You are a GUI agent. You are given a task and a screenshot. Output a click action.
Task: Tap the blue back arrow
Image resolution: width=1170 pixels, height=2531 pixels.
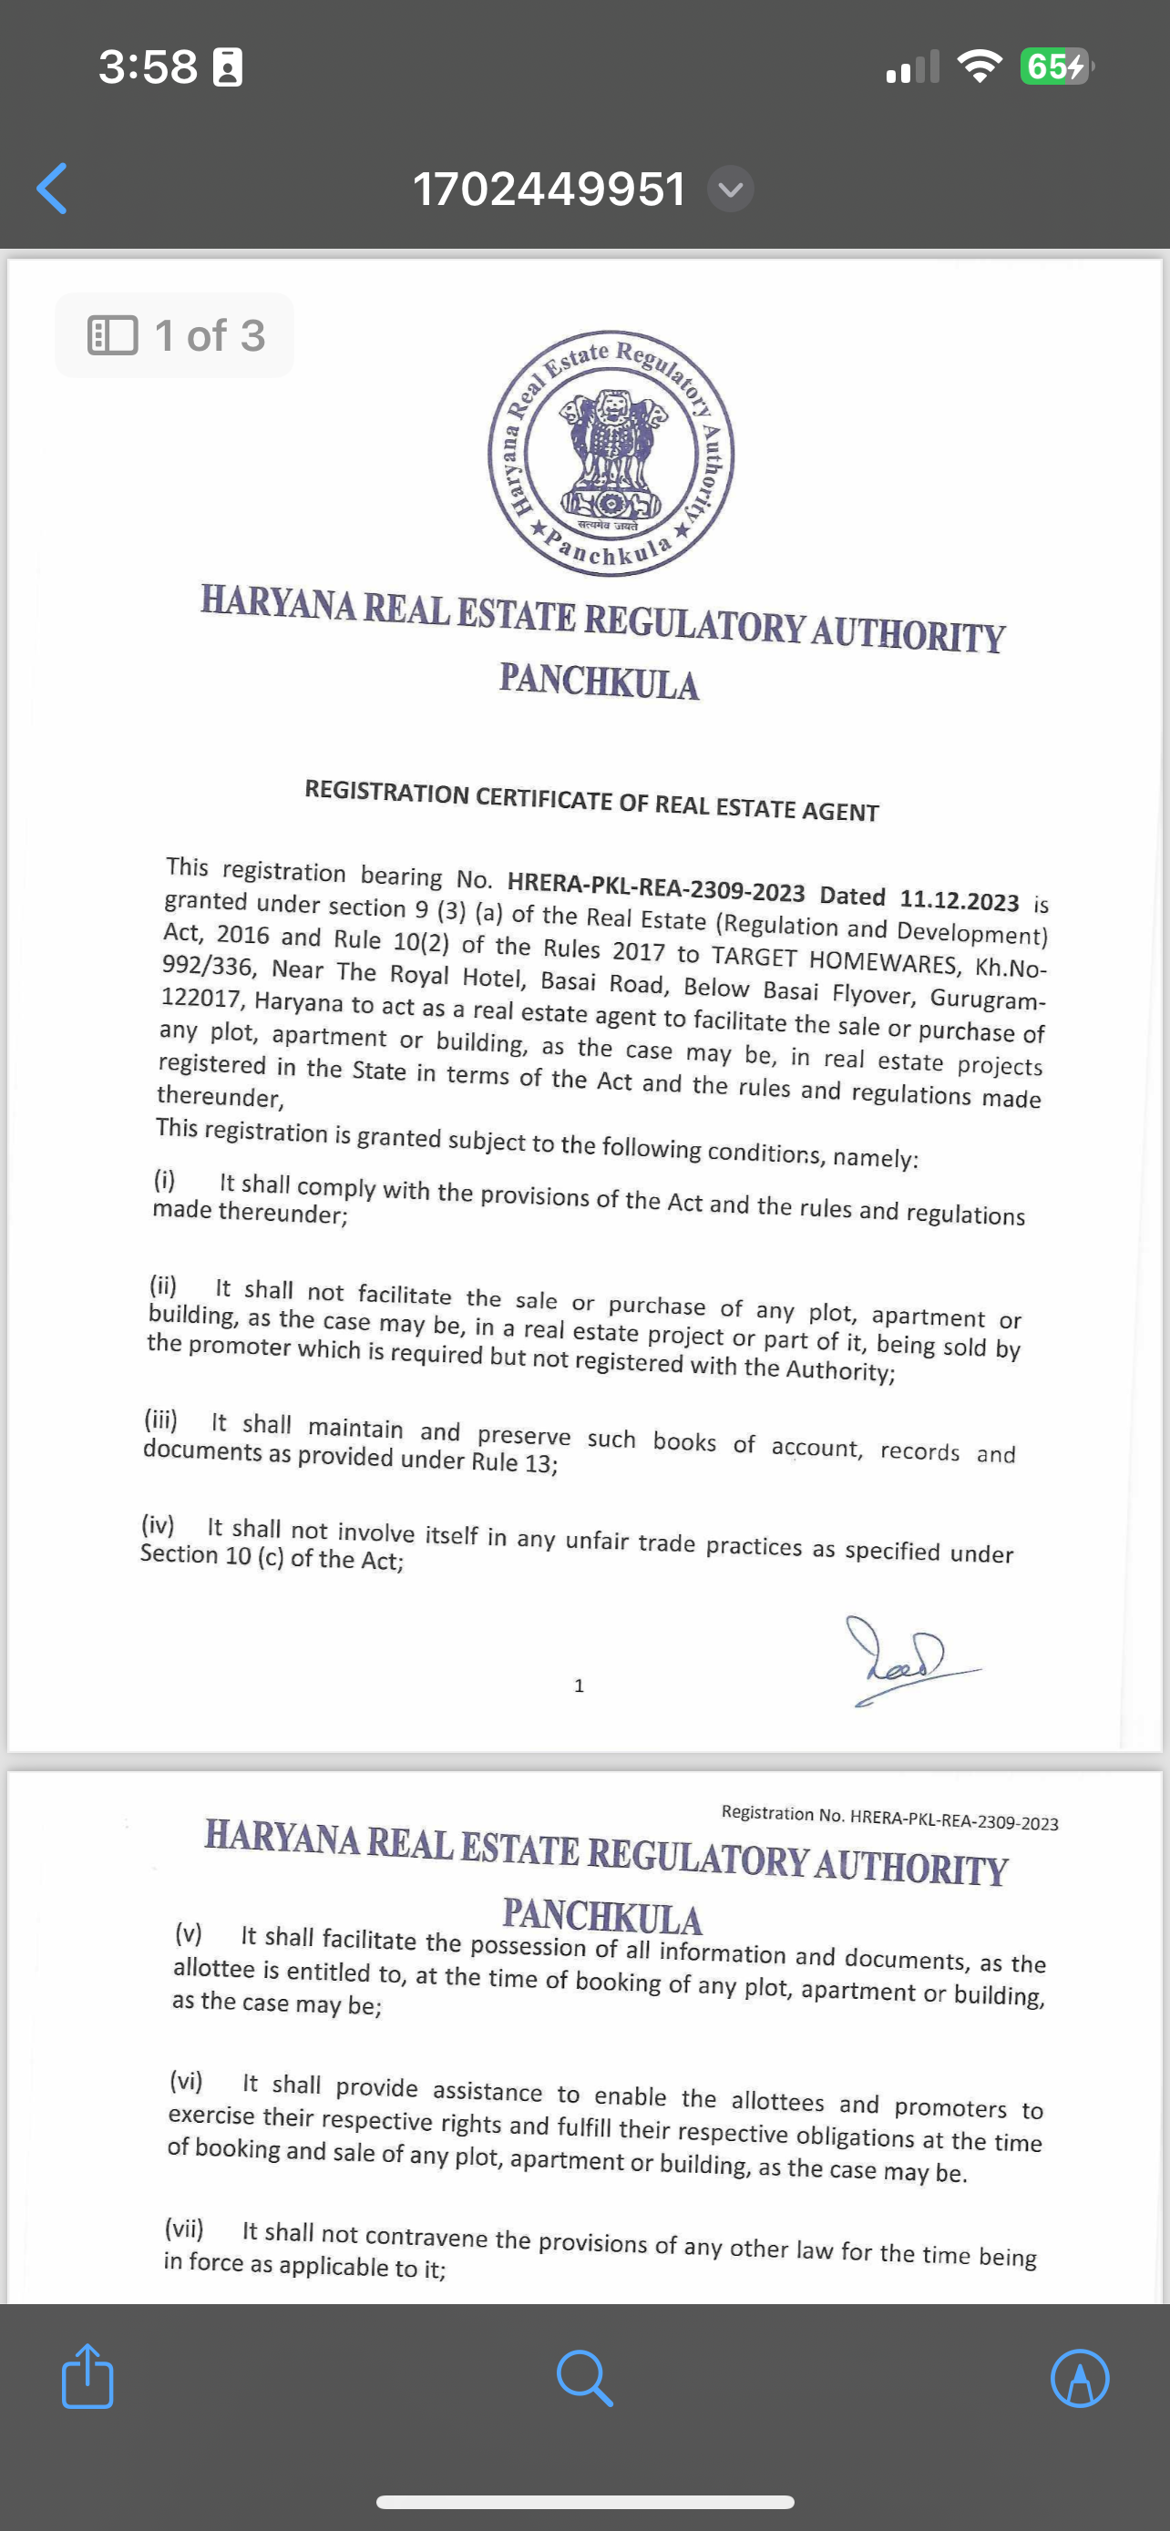click(x=52, y=188)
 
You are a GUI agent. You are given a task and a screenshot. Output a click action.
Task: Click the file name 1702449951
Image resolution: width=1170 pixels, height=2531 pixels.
click(x=549, y=189)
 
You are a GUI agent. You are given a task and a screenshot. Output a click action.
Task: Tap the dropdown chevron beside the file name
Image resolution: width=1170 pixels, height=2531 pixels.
click(x=730, y=189)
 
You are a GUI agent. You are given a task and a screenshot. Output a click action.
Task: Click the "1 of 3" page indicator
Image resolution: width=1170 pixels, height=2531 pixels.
click(x=176, y=335)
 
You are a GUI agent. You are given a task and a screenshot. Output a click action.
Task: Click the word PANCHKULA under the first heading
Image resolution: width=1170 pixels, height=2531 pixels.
click(x=599, y=681)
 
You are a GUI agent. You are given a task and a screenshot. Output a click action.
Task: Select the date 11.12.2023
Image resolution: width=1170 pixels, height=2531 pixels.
click(x=959, y=900)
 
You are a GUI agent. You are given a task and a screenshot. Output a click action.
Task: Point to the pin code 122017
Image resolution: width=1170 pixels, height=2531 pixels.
click(x=200, y=999)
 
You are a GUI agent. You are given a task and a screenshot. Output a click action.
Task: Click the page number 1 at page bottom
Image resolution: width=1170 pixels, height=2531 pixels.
click(x=579, y=1686)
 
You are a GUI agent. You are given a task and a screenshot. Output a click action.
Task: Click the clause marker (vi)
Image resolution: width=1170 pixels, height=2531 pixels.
click(x=186, y=2080)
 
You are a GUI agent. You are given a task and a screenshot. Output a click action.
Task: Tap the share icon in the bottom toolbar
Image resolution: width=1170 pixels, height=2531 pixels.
click(x=87, y=2377)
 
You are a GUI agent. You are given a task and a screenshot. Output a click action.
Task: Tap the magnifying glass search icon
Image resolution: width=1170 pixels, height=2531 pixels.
click(x=584, y=2378)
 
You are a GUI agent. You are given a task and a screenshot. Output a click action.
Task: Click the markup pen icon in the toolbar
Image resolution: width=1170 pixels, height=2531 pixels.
click(x=1080, y=2378)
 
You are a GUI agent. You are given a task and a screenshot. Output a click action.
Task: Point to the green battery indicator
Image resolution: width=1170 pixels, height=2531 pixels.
click(x=1054, y=67)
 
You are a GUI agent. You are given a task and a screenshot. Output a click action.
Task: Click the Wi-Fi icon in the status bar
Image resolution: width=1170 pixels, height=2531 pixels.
click(x=979, y=67)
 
